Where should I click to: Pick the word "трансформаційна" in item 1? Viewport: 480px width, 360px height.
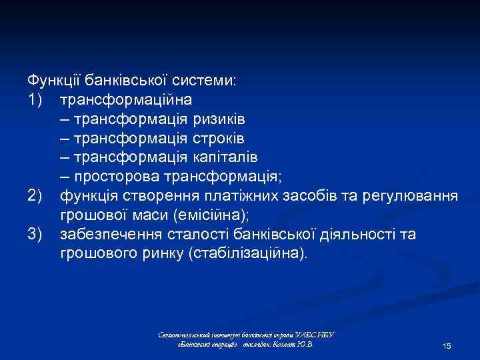click(126, 100)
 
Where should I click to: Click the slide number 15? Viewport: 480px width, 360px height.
click(447, 346)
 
